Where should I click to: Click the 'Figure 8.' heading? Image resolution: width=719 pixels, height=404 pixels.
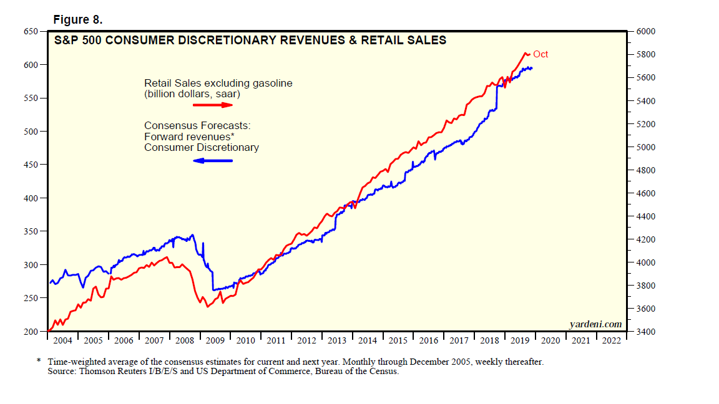click(79, 19)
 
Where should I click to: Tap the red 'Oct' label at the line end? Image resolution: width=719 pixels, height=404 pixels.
click(540, 54)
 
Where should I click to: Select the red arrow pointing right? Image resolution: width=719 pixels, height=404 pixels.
click(213, 105)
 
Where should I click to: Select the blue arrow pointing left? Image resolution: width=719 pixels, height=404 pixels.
click(213, 161)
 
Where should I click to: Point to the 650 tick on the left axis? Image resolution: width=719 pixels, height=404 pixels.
click(30, 31)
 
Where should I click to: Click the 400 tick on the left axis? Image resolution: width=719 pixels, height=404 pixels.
click(30, 198)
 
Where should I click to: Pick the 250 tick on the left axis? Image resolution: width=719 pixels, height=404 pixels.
click(30, 298)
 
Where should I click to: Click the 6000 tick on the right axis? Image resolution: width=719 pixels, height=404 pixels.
click(645, 31)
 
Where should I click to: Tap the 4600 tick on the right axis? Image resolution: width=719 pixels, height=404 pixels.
click(645, 193)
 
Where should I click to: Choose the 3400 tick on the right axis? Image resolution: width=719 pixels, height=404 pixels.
click(645, 332)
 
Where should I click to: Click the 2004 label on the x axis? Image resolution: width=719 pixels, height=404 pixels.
click(62, 341)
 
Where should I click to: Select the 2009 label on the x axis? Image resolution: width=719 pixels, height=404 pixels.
click(215, 341)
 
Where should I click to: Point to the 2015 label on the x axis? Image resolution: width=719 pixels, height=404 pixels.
click(398, 341)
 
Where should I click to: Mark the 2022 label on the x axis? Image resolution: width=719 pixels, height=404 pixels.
click(612, 341)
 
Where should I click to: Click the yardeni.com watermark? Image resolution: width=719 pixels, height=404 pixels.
click(595, 324)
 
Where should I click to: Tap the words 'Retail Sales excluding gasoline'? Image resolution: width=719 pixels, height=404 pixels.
click(218, 83)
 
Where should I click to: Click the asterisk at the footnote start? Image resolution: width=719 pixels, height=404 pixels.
click(39, 361)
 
